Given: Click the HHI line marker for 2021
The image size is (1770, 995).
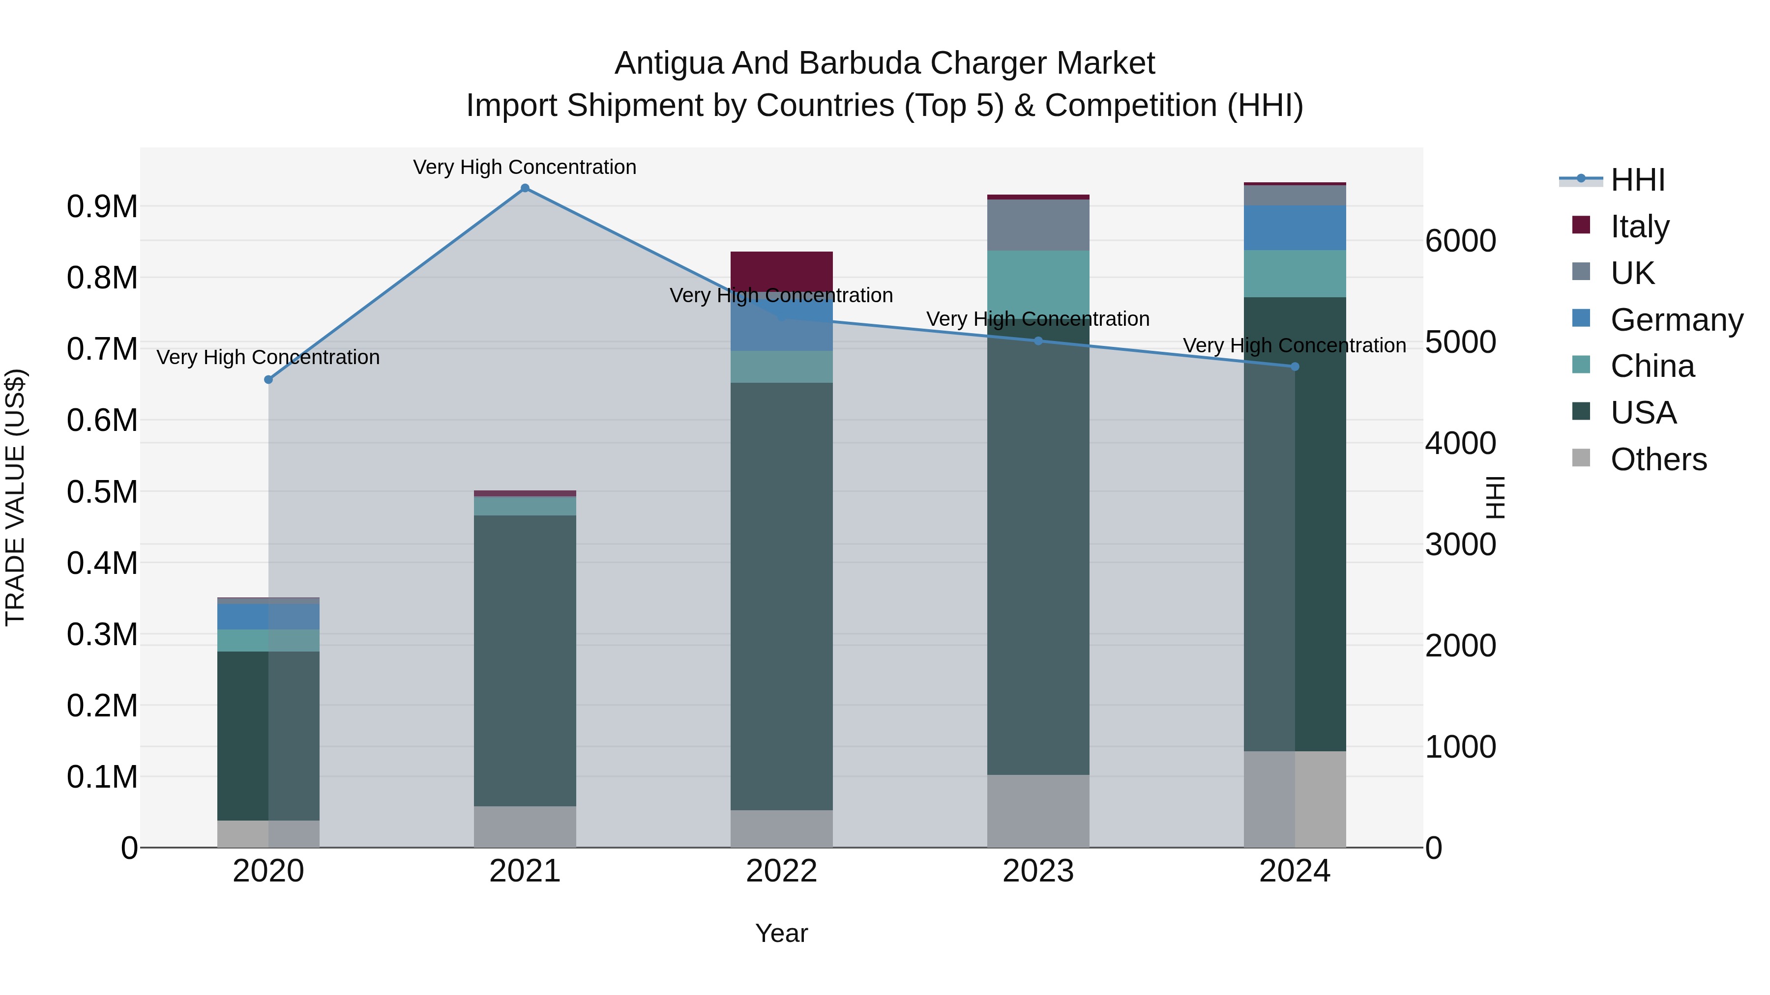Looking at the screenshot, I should tap(525, 188).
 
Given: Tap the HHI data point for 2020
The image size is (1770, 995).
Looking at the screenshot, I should tap(268, 380).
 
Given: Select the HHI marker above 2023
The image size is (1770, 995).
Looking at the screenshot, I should tap(1038, 341).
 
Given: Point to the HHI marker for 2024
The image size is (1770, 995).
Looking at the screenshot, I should tap(1295, 367).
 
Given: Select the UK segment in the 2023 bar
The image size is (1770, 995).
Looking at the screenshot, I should tap(1038, 225).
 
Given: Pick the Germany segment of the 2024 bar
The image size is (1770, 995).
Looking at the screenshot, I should tap(1295, 227).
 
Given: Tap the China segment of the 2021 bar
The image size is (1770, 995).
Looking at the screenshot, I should tap(525, 506).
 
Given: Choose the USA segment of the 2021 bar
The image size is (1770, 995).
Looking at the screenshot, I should tap(525, 659).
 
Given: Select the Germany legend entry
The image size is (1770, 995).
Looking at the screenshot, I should tap(1677, 320).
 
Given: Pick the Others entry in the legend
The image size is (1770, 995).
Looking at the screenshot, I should tap(1658, 459).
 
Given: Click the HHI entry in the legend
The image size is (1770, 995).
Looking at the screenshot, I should tap(1637, 180).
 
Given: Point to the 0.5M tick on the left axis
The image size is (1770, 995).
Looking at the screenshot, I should tap(102, 492).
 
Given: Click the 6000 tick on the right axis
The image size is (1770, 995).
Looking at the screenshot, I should tap(1460, 241).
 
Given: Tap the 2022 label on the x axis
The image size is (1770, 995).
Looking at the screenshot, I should tap(781, 871).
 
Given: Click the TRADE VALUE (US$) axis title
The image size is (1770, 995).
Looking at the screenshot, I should tap(15, 497).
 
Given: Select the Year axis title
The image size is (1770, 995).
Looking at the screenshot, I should tap(781, 933).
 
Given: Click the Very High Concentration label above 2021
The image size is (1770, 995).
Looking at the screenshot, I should tap(525, 167).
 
